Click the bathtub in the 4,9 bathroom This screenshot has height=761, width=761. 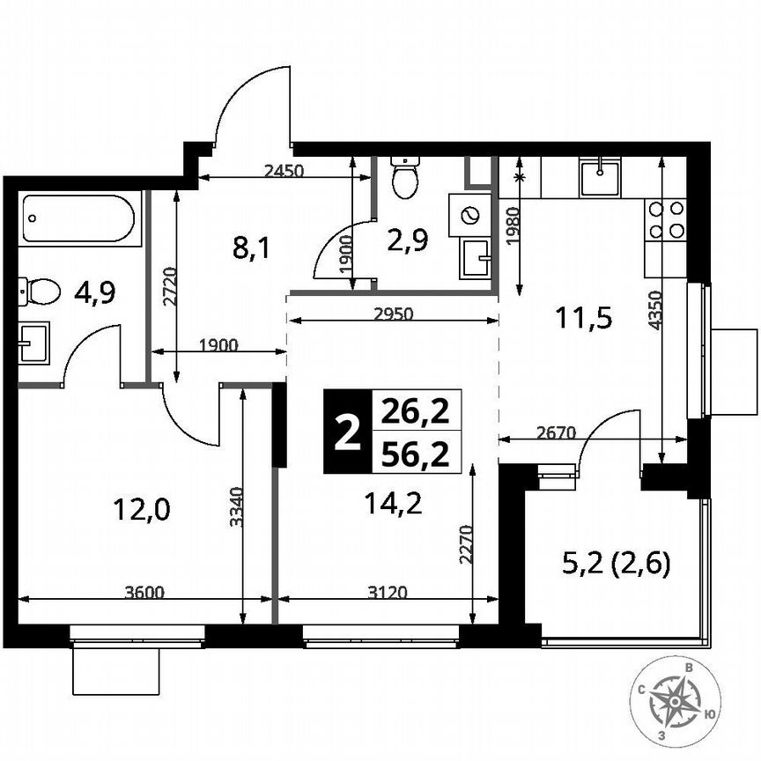click(x=80, y=218)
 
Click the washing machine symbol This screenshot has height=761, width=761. click(x=468, y=215)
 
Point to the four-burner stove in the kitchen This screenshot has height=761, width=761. click(x=665, y=219)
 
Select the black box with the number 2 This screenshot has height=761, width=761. click(x=349, y=432)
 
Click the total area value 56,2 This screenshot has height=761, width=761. click(x=416, y=454)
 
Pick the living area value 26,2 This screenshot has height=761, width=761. click(x=416, y=410)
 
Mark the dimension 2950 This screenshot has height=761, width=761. click(x=392, y=312)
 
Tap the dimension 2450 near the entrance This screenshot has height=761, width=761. click(x=284, y=172)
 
